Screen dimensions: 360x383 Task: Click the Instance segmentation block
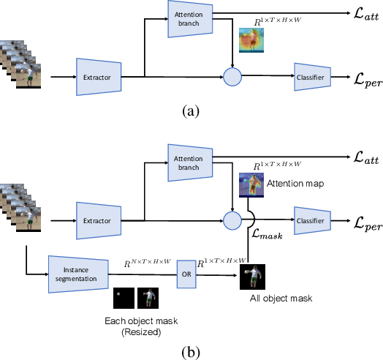pyautogui.click(x=78, y=275)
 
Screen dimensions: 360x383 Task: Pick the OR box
pyautogui.click(x=186, y=276)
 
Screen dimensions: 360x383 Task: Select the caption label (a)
pyautogui.click(x=191, y=112)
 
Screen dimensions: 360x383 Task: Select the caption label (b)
pyautogui.click(x=191, y=351)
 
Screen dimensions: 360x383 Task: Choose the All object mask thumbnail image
pyautogui.click(x=251, y=276)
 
